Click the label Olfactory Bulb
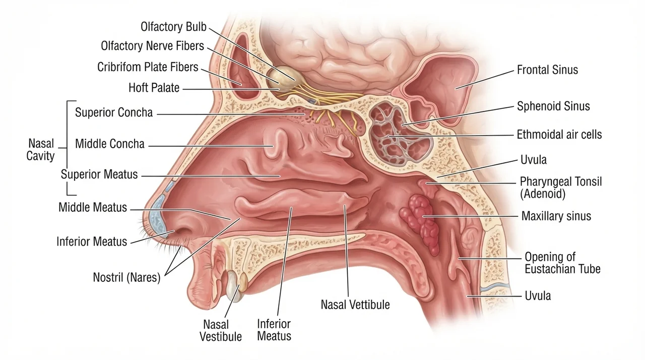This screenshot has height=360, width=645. [x=173, y=27]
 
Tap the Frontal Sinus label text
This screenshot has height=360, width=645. [x=547, y=70]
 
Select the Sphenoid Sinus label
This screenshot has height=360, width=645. [x=553, y=106]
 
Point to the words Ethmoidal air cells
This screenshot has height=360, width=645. [x=559, y=135]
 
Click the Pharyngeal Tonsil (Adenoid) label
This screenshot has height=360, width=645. [x=561, y=188]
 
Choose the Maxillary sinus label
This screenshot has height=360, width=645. [x=556, y=216]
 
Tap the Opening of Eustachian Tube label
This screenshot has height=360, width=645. [x=562, y=263]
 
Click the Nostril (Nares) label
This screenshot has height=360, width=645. [x=126, y=277]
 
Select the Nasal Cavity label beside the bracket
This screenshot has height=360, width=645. [x=41, y=149]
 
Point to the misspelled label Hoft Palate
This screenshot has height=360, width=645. [x=154, y=88]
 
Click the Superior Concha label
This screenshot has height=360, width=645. [x=114, y=112]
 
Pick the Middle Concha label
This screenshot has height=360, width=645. [x=110, y=144]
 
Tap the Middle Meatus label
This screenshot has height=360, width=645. [x=92, y=207]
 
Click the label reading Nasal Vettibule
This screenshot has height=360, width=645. [x=355, y=305]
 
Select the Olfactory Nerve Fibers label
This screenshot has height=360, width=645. [x=152, y=46]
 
